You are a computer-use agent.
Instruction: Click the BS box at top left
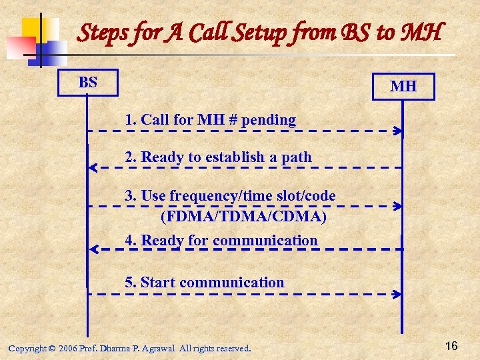(88, 83)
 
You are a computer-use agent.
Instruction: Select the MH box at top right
(403, 87)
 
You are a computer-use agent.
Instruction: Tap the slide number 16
(451, 345)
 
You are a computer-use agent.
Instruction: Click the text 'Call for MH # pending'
(211, 120)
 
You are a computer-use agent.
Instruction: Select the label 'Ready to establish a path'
(219, 157)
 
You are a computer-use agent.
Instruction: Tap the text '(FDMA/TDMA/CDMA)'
(243, 217)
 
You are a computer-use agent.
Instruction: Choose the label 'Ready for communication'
(221, 240)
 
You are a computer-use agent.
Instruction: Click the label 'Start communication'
(205, 283)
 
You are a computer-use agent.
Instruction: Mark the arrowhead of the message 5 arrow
(398, 294)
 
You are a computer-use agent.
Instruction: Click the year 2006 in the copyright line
(67, 348)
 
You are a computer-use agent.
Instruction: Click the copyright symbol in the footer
(51, 348)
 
